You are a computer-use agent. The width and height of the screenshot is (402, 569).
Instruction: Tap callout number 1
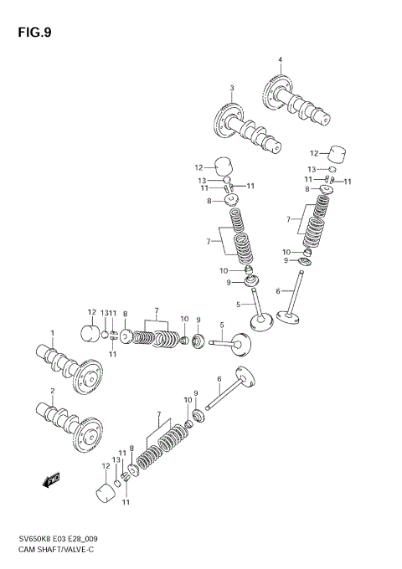coord(51,334)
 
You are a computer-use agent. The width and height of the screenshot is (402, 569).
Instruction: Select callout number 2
coord(51,392)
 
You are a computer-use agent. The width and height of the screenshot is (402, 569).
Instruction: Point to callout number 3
coord(232,89)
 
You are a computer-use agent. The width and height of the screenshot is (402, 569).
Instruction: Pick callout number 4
coord(280,59)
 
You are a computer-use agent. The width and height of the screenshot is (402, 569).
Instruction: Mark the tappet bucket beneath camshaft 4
coord(338,152)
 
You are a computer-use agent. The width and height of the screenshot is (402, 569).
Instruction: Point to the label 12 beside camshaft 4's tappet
coord(314,154)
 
